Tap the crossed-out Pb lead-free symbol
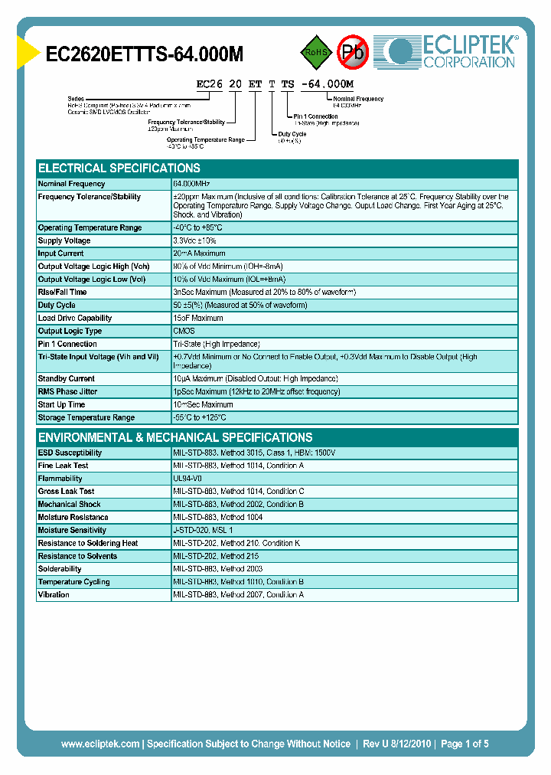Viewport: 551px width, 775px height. (354, 52)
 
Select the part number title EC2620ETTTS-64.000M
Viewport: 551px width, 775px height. (145, 54)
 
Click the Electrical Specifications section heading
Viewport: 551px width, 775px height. (119, 168)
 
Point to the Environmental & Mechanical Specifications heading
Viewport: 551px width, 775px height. (175, 437)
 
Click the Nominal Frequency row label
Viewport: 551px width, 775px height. (72, 184)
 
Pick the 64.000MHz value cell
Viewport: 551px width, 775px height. (192, 184)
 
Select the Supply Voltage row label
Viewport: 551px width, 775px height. (64, 240)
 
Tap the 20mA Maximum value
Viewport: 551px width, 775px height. (200, 253)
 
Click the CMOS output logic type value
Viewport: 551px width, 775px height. (184, 331)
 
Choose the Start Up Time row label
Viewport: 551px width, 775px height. (61, 404)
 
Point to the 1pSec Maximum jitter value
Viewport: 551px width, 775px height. (257, 391)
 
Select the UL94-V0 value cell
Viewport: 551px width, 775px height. (187, 479)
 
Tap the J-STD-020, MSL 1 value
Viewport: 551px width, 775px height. (204, 530)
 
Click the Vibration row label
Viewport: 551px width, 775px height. (54, 594)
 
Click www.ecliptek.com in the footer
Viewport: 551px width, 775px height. (100, 744)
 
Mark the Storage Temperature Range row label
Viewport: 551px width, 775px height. (86, 417)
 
